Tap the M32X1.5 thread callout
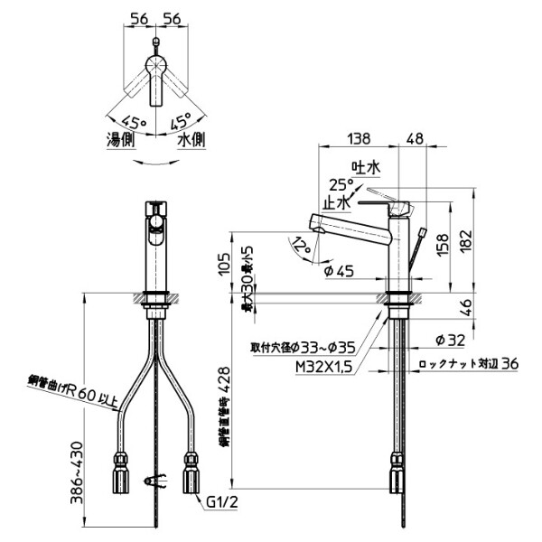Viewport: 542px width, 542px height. pos(319,366)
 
